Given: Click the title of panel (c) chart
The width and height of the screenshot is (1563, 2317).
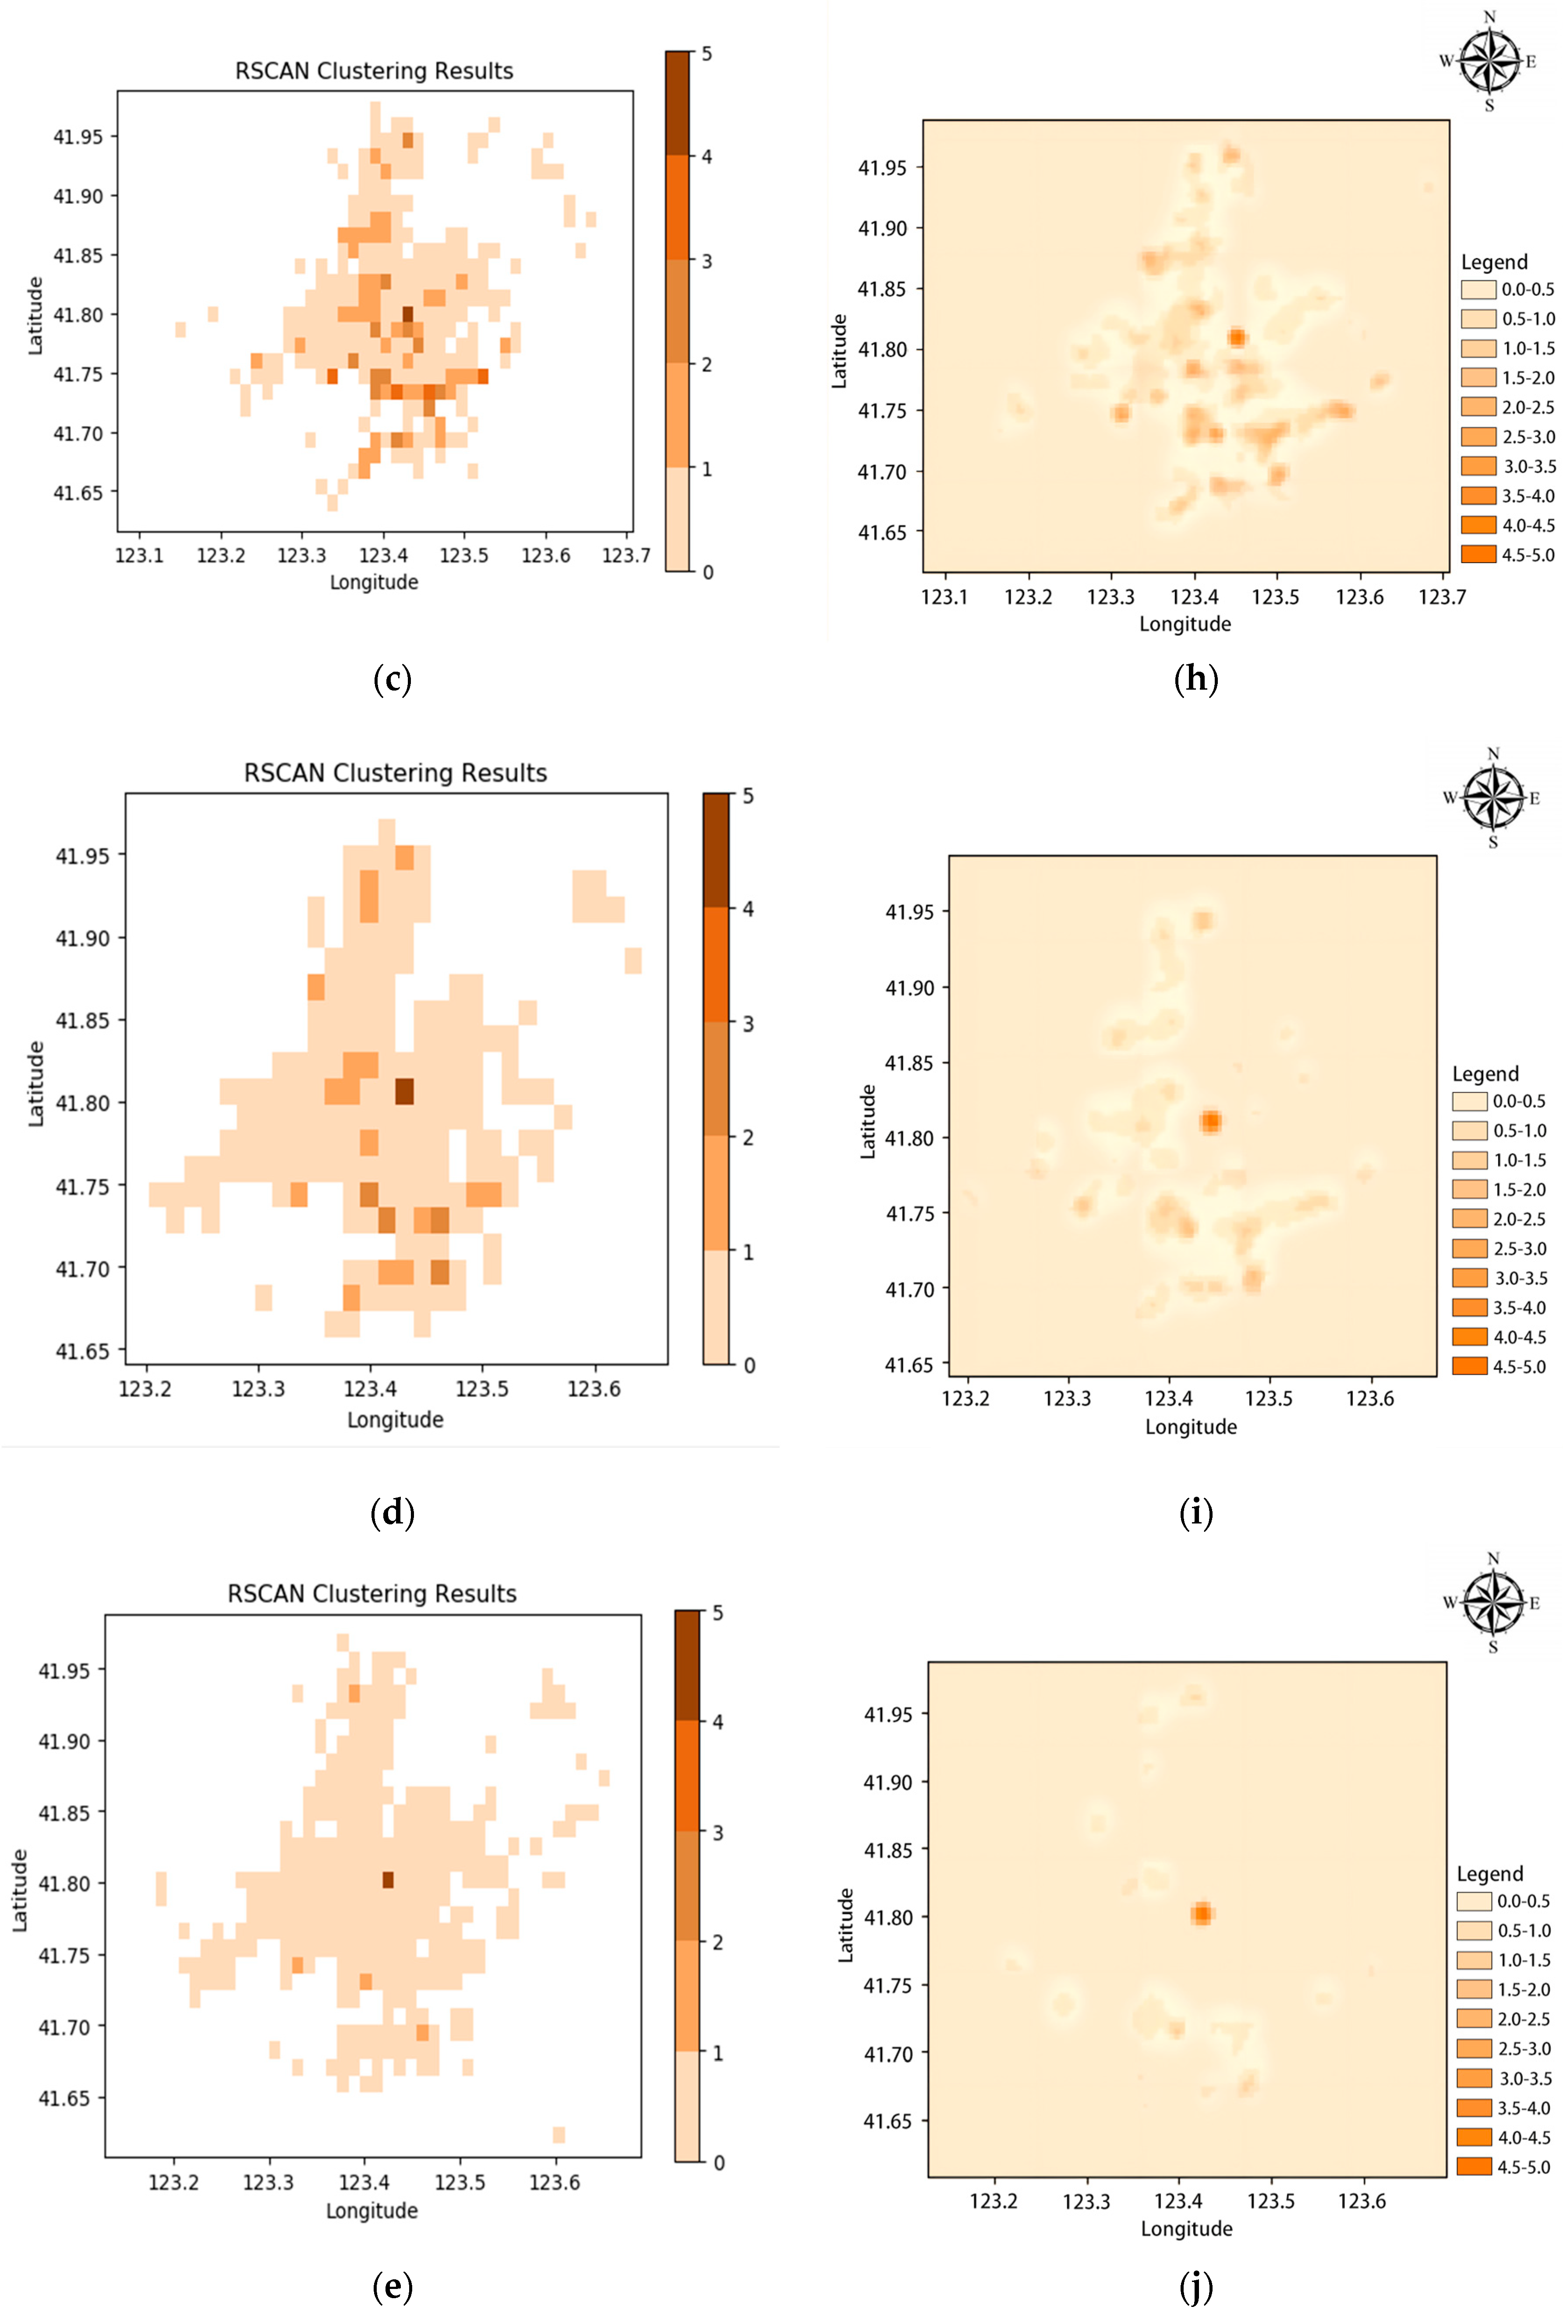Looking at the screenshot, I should (x=374, y=71).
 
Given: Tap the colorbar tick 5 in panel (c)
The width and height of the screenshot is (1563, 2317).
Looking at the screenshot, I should (x=707, y=54).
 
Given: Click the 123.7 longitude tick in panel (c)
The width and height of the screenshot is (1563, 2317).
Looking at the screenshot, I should (x=626, y=555).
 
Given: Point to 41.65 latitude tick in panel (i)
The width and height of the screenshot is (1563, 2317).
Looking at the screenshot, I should (x=909, y=1365).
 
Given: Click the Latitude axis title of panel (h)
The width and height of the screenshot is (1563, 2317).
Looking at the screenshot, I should (x=839, y=351).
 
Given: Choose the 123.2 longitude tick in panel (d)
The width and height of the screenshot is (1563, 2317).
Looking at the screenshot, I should (x=145, y=1389).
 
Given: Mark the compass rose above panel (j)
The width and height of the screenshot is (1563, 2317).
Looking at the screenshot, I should (x=1492, y=1603).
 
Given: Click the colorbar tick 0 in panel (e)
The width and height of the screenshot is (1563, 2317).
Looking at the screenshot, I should (x=719, y=2162).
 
